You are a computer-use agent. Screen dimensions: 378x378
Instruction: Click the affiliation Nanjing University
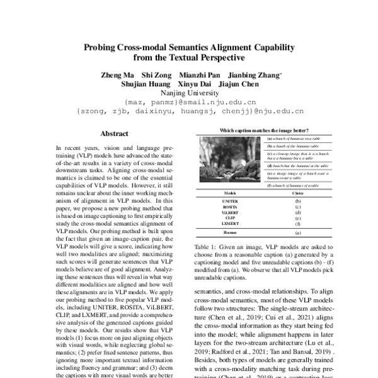[x=188, y=93]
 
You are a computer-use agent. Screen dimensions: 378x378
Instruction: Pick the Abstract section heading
[x=114, y=134]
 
